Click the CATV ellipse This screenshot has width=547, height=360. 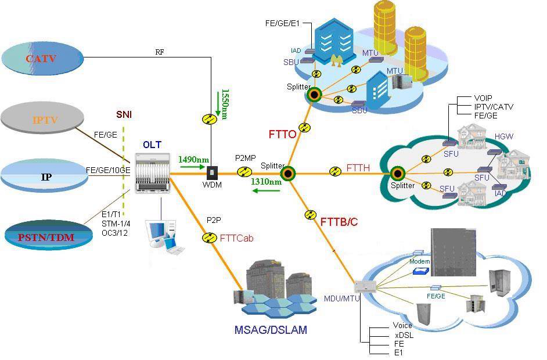point(43,59)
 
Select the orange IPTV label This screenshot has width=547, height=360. point(45,120)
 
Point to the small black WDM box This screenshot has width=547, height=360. point(213,172)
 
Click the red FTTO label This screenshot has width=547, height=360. point(283,134)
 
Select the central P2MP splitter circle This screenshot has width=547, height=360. point(287,172)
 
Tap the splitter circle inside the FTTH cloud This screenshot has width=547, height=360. point(398,173)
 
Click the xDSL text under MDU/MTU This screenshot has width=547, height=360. point(400,335)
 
